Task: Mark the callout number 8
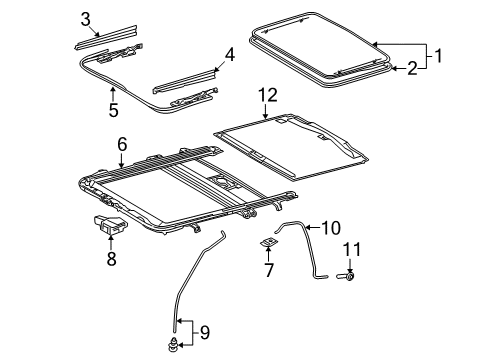point(111,258)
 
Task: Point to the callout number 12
point(265,95)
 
